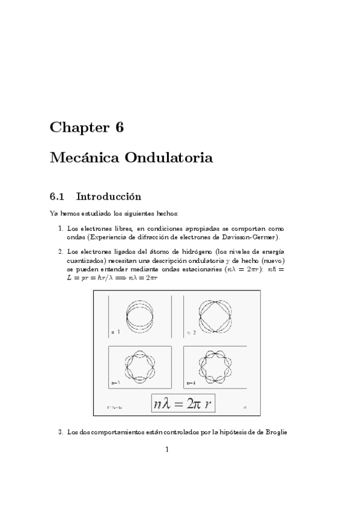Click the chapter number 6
point(118,127)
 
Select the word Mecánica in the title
point(83,159)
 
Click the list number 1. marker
point(61,229)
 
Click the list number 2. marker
point(61,251)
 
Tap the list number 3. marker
point(61,431)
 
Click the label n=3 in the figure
point(115,382)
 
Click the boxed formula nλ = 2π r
point(183,404)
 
